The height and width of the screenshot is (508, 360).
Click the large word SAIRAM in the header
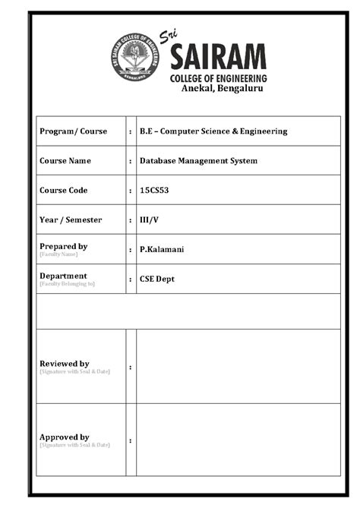coord(218,57)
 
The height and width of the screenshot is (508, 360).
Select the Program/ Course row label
coord(73,131)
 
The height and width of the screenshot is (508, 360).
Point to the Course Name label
coord(65,161)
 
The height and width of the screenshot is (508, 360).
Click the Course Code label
coord(63,191)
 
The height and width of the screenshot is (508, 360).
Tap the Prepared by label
coord(63,246)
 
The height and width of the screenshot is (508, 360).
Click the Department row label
coord(63,276)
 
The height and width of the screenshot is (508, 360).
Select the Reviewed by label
coord(64,364)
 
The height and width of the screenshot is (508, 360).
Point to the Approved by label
coord(64,437)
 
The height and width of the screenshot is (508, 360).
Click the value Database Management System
coord(198,161)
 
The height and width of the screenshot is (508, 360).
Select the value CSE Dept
coord(156,279)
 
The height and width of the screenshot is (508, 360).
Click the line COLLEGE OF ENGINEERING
coord(218,78)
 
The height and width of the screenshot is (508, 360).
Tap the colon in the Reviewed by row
coord(131,368)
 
